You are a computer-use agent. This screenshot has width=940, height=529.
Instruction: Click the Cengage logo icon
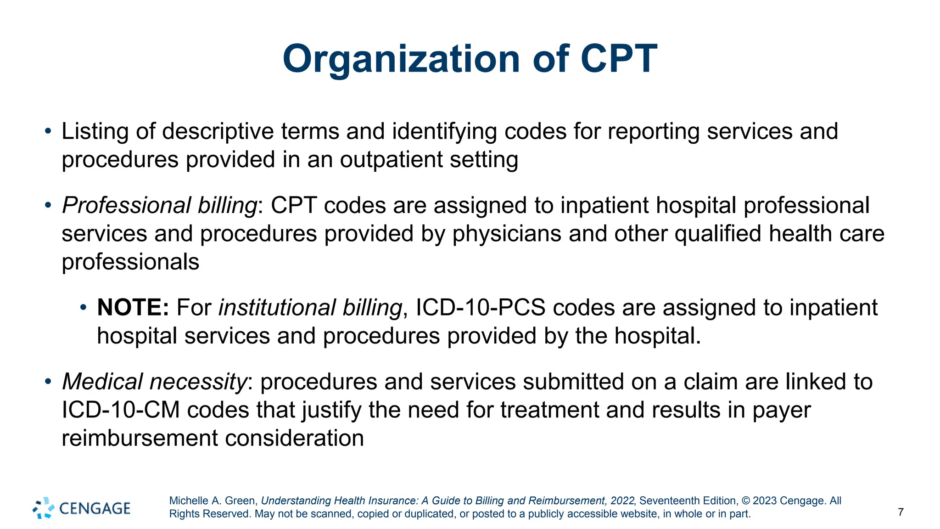click(44, 508)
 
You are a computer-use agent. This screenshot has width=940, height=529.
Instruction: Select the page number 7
click(901, 512)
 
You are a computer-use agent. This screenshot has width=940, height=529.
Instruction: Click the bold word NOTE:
click(133, 307)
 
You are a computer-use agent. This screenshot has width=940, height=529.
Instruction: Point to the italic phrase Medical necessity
click(155, 382)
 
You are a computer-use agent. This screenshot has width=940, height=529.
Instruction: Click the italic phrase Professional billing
click(160, 205)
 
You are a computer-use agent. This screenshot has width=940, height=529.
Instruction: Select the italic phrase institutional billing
click(310, 307)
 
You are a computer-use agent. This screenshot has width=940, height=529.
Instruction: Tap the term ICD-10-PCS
click(480, 307)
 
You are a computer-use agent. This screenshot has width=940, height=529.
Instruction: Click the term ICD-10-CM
click(121, 410)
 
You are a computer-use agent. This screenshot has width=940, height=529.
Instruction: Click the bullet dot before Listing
click(48, 131)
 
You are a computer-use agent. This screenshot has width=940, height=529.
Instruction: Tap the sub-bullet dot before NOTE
click(83, 307)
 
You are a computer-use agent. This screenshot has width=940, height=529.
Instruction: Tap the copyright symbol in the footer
click(745, 501)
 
